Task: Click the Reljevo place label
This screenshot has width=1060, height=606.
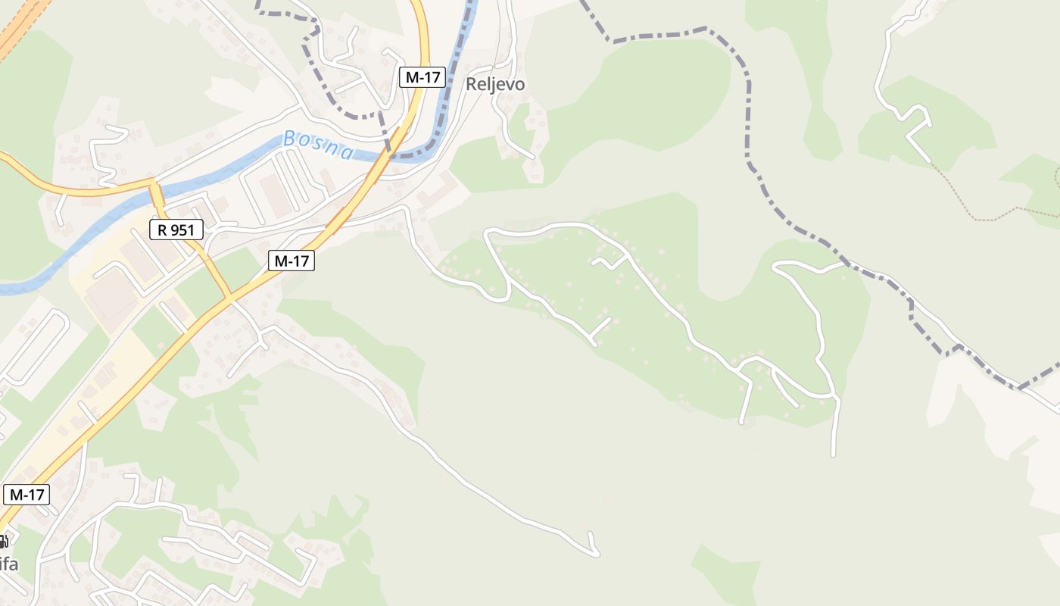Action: point(495,84)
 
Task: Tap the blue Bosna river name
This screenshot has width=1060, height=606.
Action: point(317,145)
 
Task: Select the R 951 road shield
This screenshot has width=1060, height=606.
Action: point(176,230)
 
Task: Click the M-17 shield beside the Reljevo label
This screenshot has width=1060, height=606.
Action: point(422,77)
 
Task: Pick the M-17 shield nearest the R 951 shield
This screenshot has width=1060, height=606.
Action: point(291,261)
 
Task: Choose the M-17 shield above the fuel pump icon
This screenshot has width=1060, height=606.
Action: point(26,495)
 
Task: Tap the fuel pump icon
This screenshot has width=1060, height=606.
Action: point(3,541)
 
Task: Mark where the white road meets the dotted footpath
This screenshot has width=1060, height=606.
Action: point(931,162)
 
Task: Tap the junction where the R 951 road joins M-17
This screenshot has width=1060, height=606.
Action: point(229,297)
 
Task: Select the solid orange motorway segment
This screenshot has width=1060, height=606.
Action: point(19,30)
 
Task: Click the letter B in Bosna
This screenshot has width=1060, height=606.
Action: point(289,139)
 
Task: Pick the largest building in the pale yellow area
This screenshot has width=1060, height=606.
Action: point(111,295)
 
